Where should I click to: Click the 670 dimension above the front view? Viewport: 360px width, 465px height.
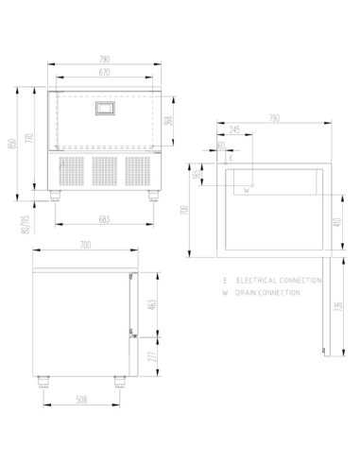pyautogui.click(x=106, y=72)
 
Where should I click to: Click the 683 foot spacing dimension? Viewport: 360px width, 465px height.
pyautogui.click(x=106, y=219)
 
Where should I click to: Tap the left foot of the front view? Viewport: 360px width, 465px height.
pyautogui.click(x=60, y=196)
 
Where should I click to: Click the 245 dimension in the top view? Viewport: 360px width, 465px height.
pyautogui.click(x=234, y=130)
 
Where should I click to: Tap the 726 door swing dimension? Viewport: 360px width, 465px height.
pyautogui.click(x=337, y=306)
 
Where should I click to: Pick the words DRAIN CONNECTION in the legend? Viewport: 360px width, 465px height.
pyautogui.click(x=268, y=293)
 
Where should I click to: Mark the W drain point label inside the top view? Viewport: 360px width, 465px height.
pyautogui.click(x=246, y=190)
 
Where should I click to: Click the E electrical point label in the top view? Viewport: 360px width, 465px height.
pyautogui.click(x=231, y=156)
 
